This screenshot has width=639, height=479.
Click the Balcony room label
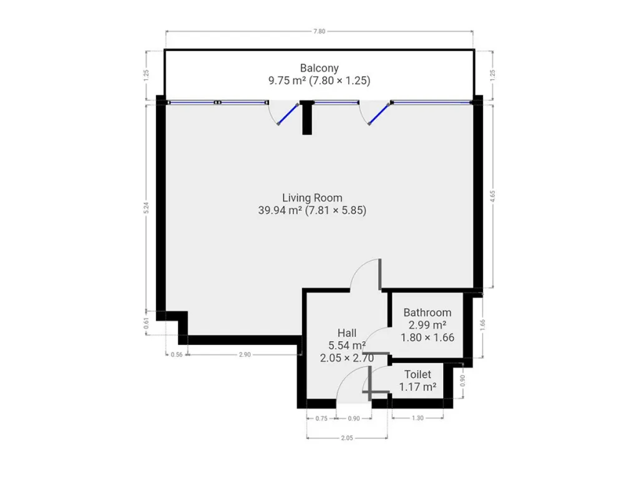[319, 68]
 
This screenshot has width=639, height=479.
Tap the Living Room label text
[312, 198]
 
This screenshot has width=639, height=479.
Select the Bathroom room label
[427, 313]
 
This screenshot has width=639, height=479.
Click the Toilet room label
[417, 374]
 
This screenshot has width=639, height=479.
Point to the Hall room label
[347, 333]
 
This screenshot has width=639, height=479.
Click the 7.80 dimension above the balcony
[319, 31]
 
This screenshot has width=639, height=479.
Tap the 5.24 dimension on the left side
[147, 208]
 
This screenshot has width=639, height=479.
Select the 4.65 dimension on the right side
[493, 196]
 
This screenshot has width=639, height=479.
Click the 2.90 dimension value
[245, 355]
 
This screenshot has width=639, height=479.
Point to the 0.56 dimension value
[177, 355]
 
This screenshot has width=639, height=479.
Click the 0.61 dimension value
[147, 324]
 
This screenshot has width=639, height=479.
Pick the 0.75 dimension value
[321, 419]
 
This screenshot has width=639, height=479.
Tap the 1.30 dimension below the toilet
[417, 418]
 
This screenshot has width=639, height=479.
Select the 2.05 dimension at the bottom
[347, 438]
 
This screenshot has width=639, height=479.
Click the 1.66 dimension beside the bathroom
[483, 324]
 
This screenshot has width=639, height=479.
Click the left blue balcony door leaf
[288, 114]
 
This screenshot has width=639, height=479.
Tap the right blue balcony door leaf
[379, 114]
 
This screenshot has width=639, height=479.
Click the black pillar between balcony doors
[307, 117]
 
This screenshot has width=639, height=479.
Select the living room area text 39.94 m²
[280, 211]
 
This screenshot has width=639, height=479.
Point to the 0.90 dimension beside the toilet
[462, 380]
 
